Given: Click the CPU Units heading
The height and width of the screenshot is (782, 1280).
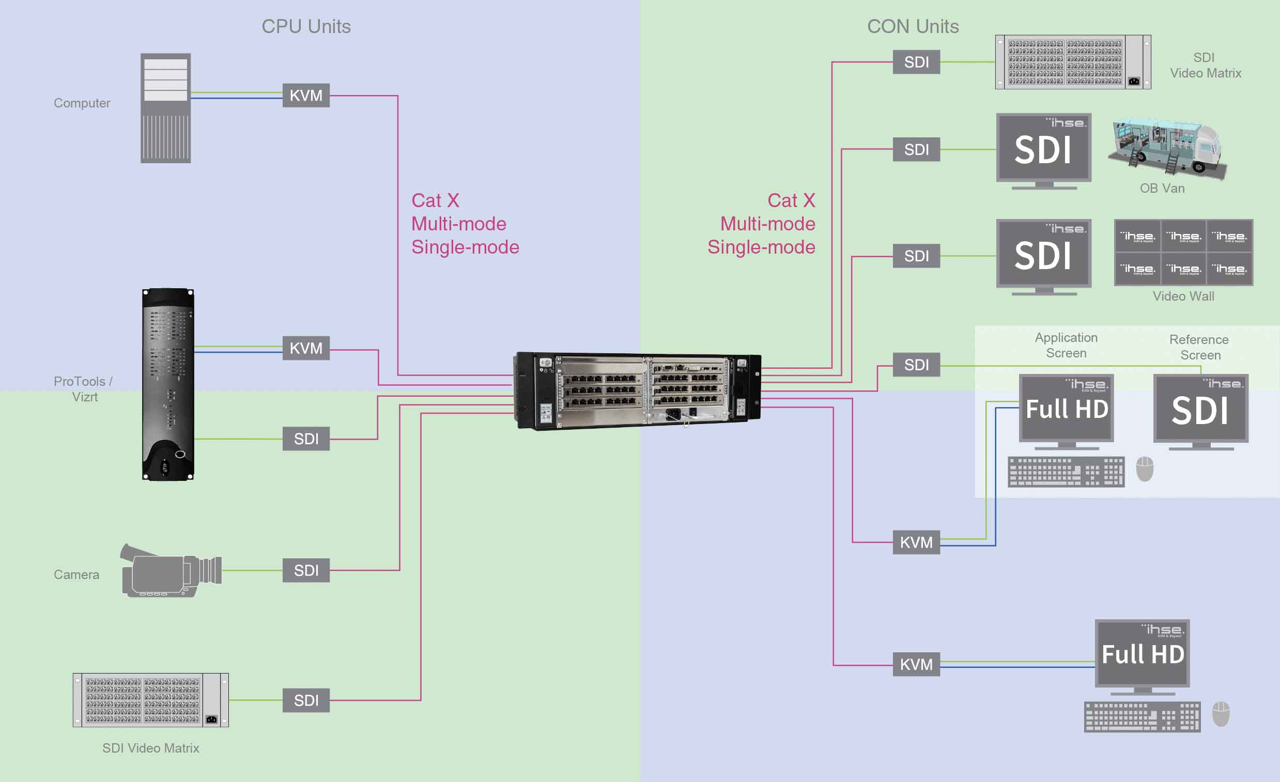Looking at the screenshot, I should tap(306, 26).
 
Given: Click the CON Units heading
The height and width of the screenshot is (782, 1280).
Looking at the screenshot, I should tap(913, 26).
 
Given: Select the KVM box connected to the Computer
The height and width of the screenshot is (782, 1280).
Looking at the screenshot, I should tap(306, 96).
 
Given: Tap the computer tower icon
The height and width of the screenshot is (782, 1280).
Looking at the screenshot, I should tap(166, 108).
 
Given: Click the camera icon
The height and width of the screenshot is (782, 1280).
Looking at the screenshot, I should tap(172, 571).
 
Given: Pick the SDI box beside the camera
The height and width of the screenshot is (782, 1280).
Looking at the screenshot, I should tap(306, 570).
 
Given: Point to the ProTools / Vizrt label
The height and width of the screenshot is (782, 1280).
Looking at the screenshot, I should tap(83, 389).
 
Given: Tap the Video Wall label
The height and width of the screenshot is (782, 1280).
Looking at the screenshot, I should tap(1183, 296).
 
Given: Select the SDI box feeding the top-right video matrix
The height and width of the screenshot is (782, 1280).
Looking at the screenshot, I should tap(916, 62).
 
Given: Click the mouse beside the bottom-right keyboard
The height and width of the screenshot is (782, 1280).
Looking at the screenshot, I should tap(1221, 714).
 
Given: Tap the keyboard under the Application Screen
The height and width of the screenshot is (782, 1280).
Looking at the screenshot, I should tap(1066, 472).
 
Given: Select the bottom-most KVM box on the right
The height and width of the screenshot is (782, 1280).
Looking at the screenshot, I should tap(916, 664).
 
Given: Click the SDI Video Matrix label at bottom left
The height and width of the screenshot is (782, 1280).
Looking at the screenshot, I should tap(151, 748).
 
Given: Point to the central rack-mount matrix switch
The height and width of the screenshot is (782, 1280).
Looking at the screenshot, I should tap(638, 390).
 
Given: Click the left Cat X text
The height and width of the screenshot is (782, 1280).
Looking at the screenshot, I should tap(435, 200).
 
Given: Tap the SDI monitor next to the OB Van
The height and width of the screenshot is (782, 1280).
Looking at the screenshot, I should tap(1044, 150).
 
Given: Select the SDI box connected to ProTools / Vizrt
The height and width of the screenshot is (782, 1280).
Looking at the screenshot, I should tap(306, 439).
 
